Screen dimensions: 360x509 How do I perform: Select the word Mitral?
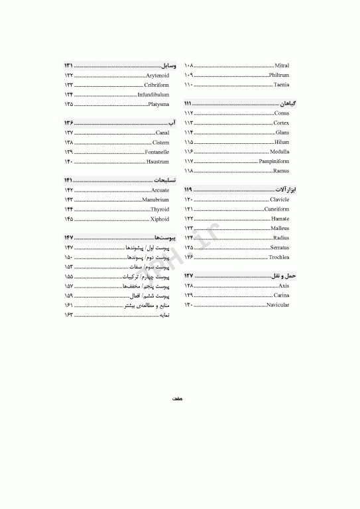[282, 66]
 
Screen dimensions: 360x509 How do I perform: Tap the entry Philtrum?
[279, 76]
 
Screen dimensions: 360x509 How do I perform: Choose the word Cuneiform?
[276, 209]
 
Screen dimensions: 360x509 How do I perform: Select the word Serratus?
[279, 247]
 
